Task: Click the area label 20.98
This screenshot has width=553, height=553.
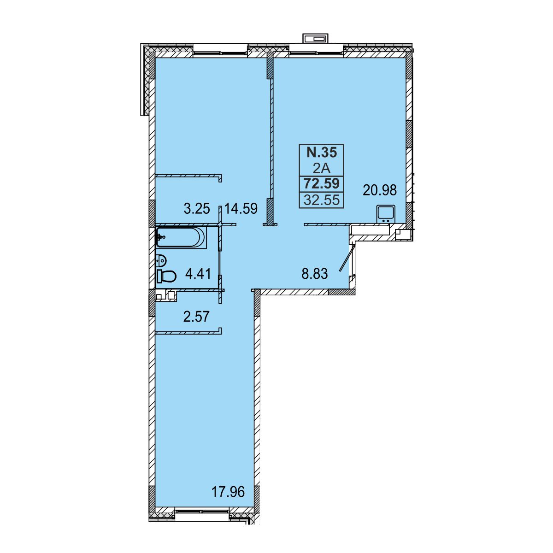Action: coord(380,190)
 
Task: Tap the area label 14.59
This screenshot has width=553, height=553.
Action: coord(241,209)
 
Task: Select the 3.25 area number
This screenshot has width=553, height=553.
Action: coord(197,209)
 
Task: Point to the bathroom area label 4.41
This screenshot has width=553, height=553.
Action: coord(198,274)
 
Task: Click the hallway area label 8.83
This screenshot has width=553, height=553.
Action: coord(315,274)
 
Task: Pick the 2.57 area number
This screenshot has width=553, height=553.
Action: coord(196,317)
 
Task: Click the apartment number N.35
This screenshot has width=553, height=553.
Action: coord(321,153)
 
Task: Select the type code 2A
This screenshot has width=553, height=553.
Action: coord(321,169)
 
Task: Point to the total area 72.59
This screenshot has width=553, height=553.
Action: coord(322,184)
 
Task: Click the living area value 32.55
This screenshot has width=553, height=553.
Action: coord(322,200)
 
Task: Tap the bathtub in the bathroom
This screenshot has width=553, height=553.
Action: coord(181,237)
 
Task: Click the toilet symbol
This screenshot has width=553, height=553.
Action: coord(166,276)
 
